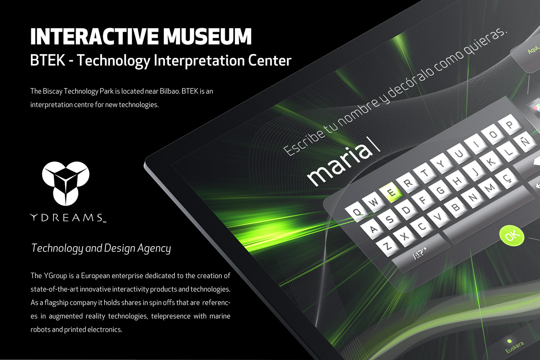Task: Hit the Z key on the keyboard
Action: coord(388,247)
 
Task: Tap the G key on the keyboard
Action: coord(440,191)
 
